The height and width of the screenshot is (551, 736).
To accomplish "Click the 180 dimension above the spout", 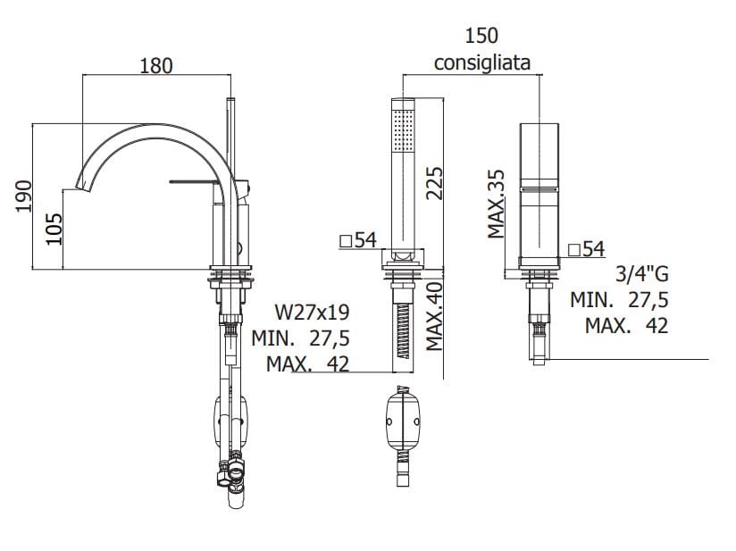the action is [156, 65].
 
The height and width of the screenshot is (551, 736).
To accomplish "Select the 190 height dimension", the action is [24, 196].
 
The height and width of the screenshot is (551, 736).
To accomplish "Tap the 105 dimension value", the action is [54, 229].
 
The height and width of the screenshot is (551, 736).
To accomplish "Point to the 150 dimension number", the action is [481, 36].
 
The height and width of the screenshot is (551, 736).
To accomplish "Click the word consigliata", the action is [482, 63].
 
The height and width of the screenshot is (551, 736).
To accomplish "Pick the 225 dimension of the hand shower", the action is [434, 183].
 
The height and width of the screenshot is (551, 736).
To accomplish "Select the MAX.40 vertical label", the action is [435, 316].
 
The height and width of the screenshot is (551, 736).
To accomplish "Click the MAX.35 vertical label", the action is [496, 204].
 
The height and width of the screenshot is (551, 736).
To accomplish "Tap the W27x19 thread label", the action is [312, 312].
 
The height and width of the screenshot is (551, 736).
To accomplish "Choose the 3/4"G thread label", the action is [642, 274].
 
